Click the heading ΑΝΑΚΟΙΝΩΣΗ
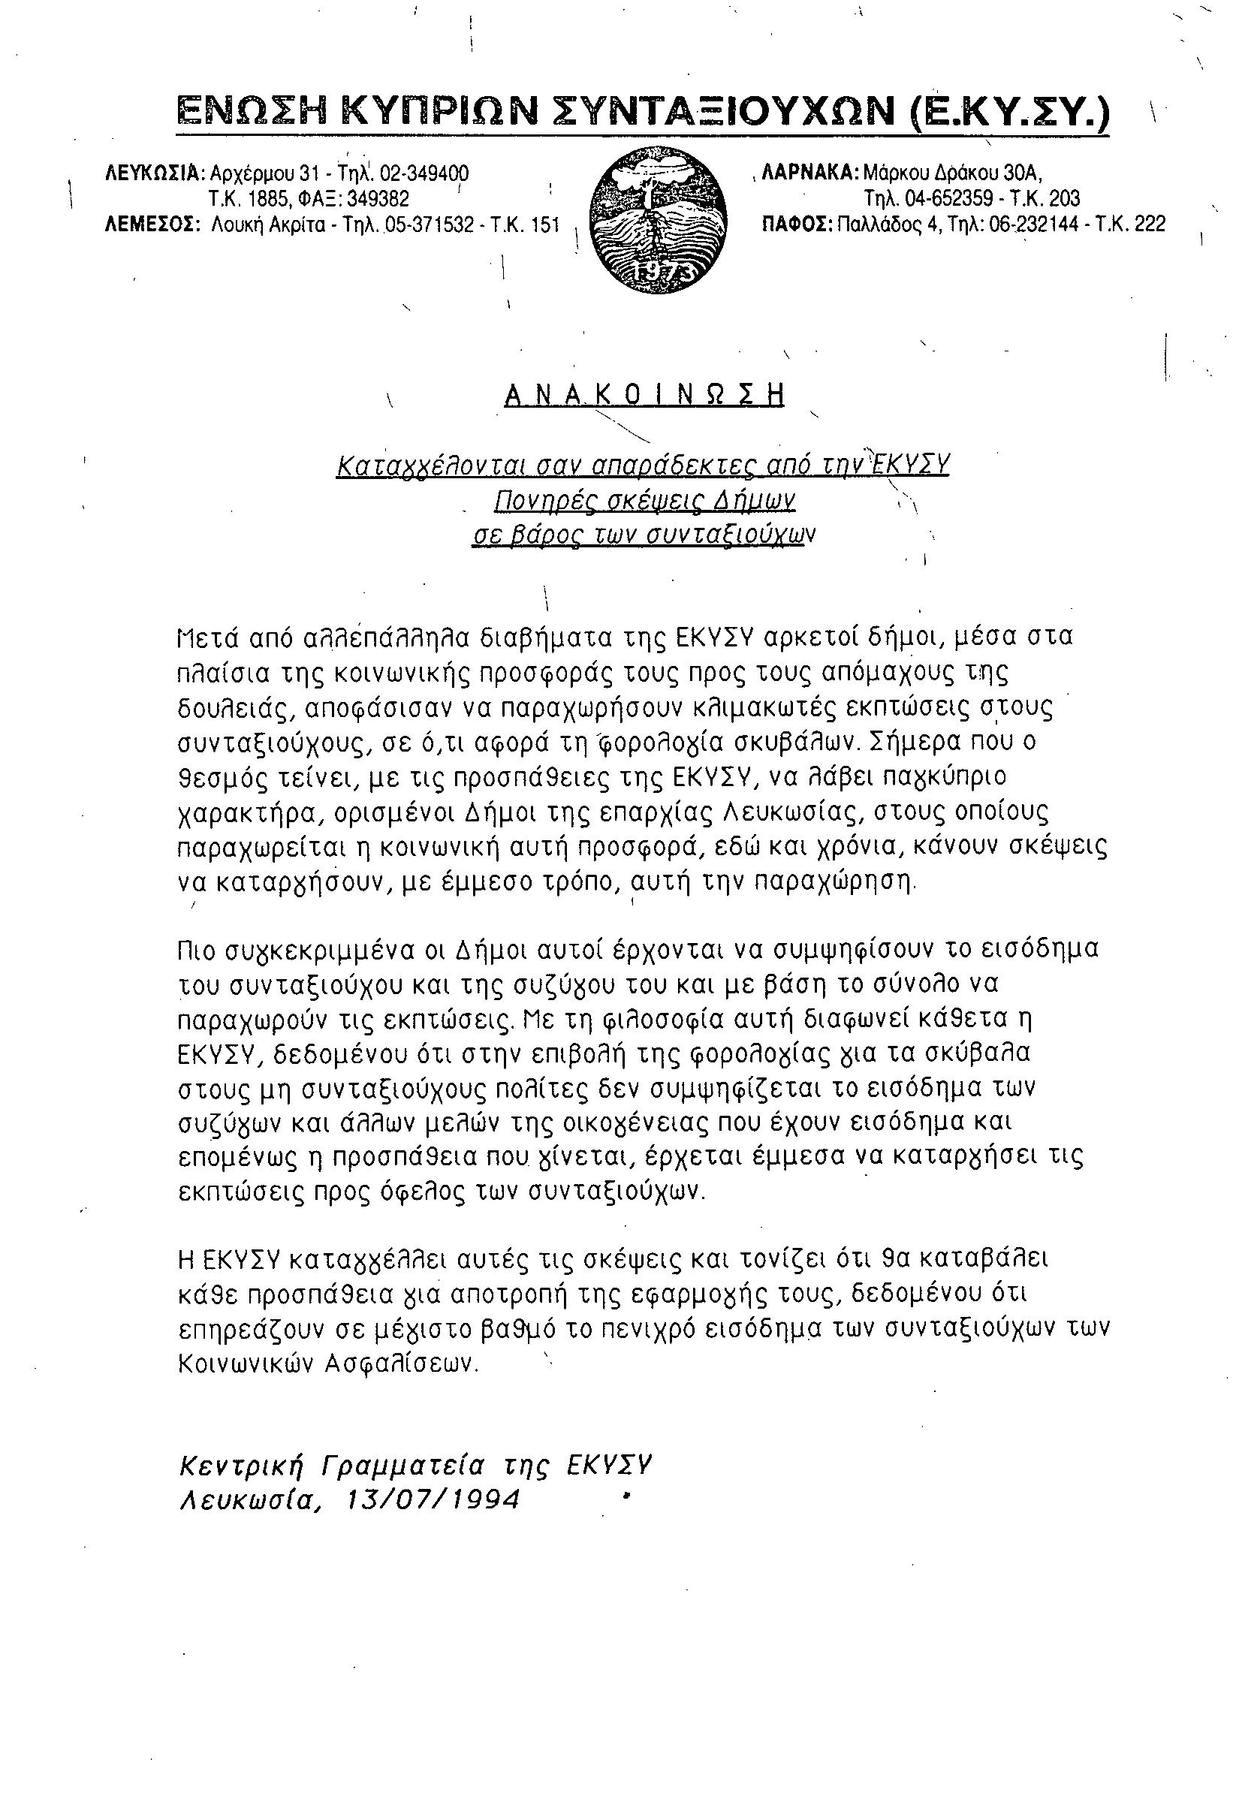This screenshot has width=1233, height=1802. pos(644,396)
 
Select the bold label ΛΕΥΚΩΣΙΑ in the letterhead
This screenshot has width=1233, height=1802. pos(155,172)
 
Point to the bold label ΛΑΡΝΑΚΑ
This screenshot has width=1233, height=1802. pos(811,171)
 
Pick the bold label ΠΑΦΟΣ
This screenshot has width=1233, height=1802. pos(798,224)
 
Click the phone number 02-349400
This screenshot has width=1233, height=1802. pos(424,172)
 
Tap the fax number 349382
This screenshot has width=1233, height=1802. pos(378,198)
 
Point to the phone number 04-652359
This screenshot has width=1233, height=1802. pos(949,198)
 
